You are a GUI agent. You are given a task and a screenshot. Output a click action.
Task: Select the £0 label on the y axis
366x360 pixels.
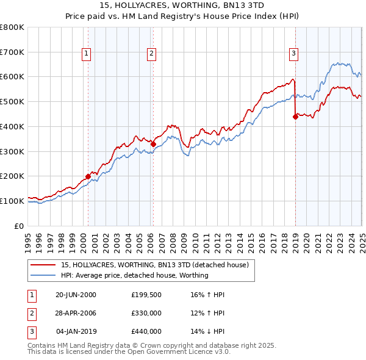pyautogui.click(x=18, y=226)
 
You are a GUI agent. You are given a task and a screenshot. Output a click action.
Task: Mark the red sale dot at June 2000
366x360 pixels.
pyautogui.click(x=88, y=176)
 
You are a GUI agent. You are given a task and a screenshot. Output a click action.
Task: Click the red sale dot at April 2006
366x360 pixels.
pyautogui.click(x=153, y=144)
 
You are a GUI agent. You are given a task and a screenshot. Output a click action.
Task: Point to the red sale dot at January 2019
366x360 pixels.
pyautogui.click(x=295, y=117)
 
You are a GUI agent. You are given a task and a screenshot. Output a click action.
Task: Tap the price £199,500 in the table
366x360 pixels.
pyautogui.click(x=146, y=295)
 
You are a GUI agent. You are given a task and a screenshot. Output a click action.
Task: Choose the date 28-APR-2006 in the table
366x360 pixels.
pyautogui.click(x=76, y=313)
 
